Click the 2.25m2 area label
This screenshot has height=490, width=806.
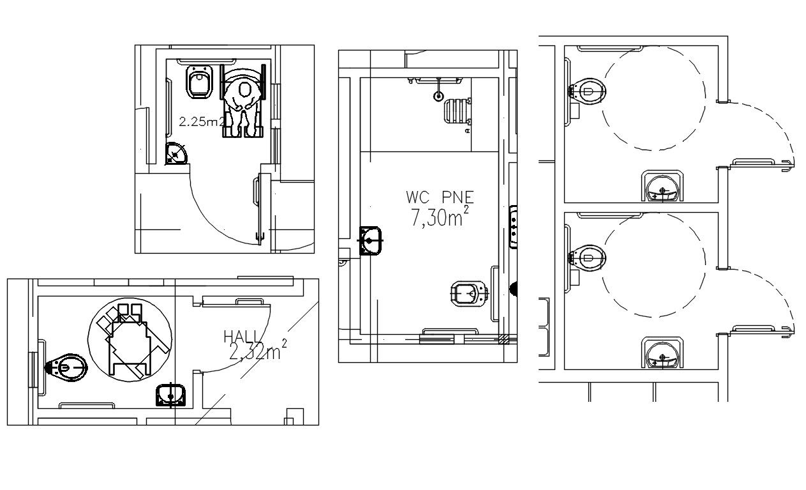pos(201,121)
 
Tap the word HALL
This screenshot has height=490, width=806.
pos(242,336)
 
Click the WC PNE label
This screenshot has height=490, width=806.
pos(440,196)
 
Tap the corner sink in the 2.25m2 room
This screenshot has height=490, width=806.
pos(176,153)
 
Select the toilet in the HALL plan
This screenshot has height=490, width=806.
pos(67,367)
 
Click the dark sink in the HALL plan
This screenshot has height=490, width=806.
pos(170,395)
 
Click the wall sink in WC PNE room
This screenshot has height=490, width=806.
pos(371,240)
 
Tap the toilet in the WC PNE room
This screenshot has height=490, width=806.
pos(469,293)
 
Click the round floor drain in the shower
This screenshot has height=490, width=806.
pos(438,96)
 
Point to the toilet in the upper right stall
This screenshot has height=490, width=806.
pos(587,91)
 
